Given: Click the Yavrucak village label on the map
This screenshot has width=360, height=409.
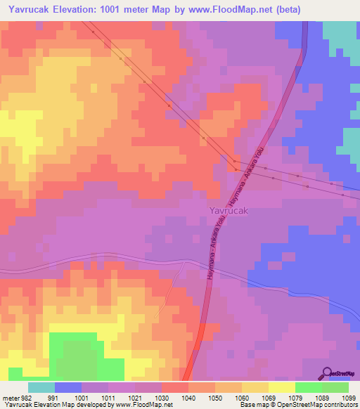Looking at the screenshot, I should (x=229, y=210).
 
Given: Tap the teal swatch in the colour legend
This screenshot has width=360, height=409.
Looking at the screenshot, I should (x=41, y=387).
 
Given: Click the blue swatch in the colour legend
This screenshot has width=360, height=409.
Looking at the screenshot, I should (x=68, y=387).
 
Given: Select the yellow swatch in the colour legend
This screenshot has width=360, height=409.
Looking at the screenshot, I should (x=282, y=387).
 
